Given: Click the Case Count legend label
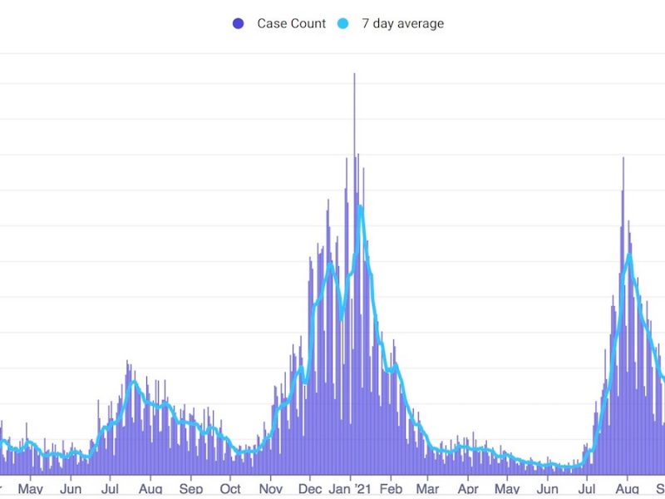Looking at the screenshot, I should (292, 23).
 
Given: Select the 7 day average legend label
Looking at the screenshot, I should (402, 23).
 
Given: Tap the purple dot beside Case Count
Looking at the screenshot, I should (239, 23).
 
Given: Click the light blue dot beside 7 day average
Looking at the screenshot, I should (342, 23).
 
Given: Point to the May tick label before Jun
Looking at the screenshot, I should (30, 489).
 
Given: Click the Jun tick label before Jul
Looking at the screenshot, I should (71, 489).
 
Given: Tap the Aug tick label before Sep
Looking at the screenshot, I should (150, 489).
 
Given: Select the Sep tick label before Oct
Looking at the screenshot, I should (190, 489).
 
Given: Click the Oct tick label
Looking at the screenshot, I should (230, 489).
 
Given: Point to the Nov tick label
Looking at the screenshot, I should (271, 489).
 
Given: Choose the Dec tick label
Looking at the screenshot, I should (310, 489).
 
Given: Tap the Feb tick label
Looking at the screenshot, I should (392, 489).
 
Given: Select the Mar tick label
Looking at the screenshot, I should (428, 489).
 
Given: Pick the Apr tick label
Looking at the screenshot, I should (468, 489).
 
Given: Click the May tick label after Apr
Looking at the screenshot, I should (508, 489).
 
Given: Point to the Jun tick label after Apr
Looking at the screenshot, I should (548, 489).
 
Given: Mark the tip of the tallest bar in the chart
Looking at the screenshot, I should (354, 74).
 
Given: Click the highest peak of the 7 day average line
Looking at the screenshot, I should (361, 205).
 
